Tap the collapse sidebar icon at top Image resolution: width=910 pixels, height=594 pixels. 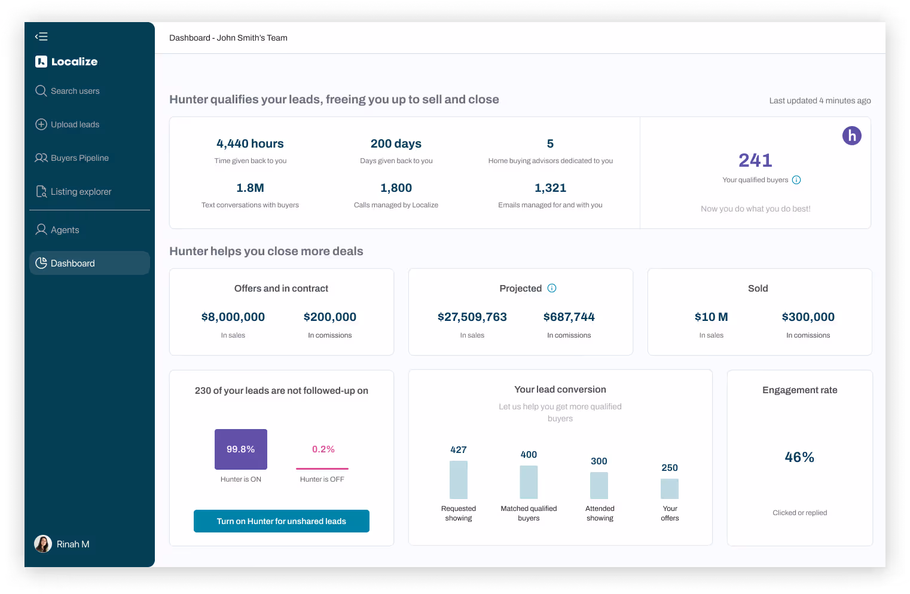(x=41, y=36)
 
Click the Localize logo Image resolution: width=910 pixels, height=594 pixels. (x=66, y=62)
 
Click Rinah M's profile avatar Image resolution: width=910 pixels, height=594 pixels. (x=43, y=544)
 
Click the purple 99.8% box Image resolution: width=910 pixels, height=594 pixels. (x=241, y=449)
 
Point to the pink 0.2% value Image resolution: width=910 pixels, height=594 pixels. (x=323, y=449)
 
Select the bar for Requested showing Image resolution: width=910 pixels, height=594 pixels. (x=459, y=480)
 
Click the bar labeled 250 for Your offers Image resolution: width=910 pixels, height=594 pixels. (x=670, y=489)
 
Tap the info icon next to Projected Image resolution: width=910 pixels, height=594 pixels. (x=552, y=288)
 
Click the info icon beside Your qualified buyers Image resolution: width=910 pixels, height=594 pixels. (x=796, y=180)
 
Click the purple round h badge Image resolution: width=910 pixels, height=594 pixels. (x=852, y=136)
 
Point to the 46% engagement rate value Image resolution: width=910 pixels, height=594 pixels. (x=799, y=457)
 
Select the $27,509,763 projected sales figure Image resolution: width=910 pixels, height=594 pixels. (x=472, y=317)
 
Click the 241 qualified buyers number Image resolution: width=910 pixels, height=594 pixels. (x=755, y=160)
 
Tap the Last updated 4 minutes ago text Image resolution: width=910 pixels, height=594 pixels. (x=820, y=100)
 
